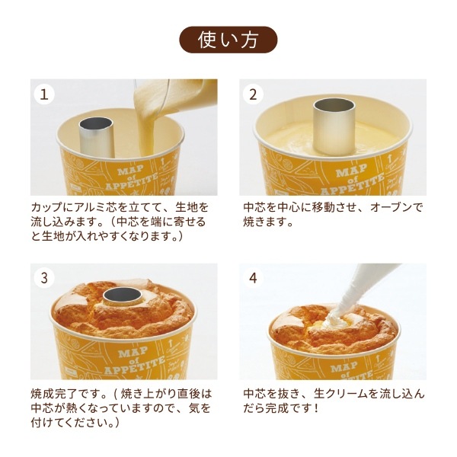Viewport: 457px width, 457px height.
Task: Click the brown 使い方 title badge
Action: [228, 40]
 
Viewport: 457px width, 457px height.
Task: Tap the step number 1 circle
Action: [44, 94]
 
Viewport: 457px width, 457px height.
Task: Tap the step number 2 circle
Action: [253, 94]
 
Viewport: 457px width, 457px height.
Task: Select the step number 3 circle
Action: [44, 278]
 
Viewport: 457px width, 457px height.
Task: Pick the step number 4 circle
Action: [253, 278]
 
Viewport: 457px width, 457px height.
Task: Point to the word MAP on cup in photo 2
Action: [351, 170]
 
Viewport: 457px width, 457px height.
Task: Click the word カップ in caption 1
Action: [47, 207]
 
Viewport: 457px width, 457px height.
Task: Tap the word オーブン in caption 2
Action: [391, 207]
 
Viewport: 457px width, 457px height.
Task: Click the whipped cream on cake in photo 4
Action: [335, 321]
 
